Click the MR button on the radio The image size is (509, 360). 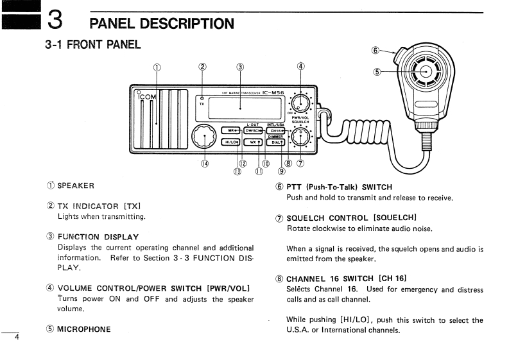tap(234, 131)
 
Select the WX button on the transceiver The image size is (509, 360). tap(254, 142)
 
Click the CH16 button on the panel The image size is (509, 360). tap(277, 131)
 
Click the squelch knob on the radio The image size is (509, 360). tap(299, 137)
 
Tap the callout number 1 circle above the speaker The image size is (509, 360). tap(157, 67)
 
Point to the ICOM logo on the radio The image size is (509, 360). tap(147, 97)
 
